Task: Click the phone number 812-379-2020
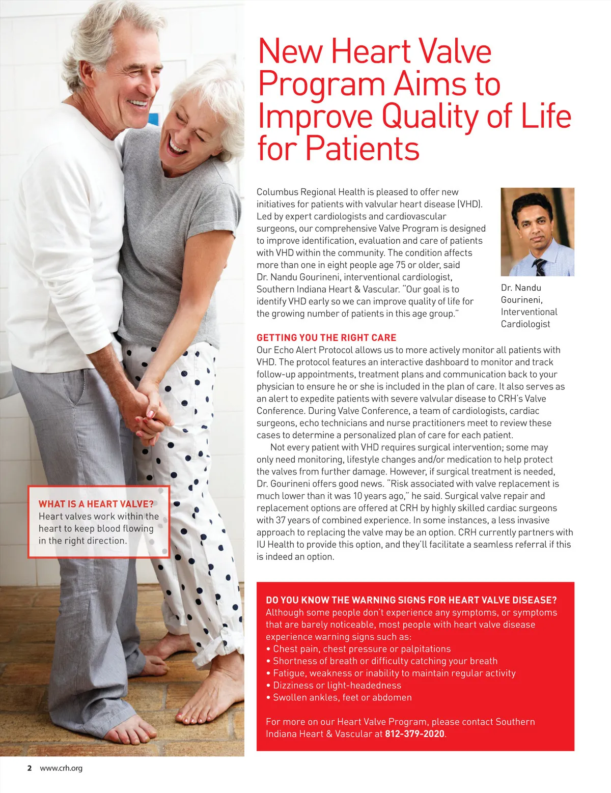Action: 414,734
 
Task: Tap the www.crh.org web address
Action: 61,768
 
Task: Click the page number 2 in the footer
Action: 30,768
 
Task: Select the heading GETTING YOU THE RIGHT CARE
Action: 326,337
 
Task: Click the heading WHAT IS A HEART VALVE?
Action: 96,504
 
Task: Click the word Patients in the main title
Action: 362,148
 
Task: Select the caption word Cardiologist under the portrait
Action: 525,324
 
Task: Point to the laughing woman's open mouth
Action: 177,147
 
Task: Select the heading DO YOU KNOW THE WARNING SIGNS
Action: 411,600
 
